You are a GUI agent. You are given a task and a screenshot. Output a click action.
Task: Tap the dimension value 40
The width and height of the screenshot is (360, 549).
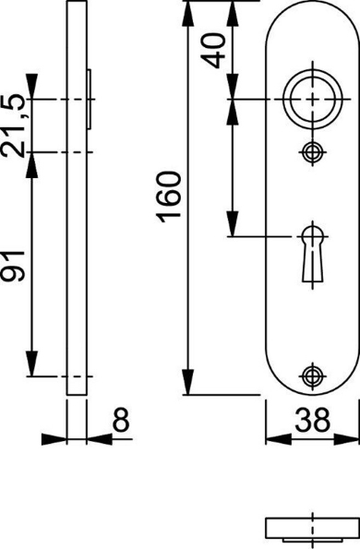(214, 49)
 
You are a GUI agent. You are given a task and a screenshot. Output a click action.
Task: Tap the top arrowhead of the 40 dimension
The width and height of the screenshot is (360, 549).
(234, 9)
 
